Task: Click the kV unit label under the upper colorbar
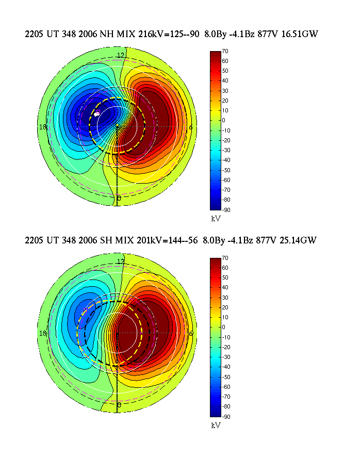(x=216, y=219)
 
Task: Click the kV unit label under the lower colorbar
(x=216, y=425)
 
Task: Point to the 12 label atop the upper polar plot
(x=121, y=55)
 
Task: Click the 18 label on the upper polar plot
(x=51, y=127)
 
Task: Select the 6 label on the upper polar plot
(x=191, y=127)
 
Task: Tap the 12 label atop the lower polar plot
(x=121, y=261)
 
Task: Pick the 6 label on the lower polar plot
(x=191, y=334)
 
